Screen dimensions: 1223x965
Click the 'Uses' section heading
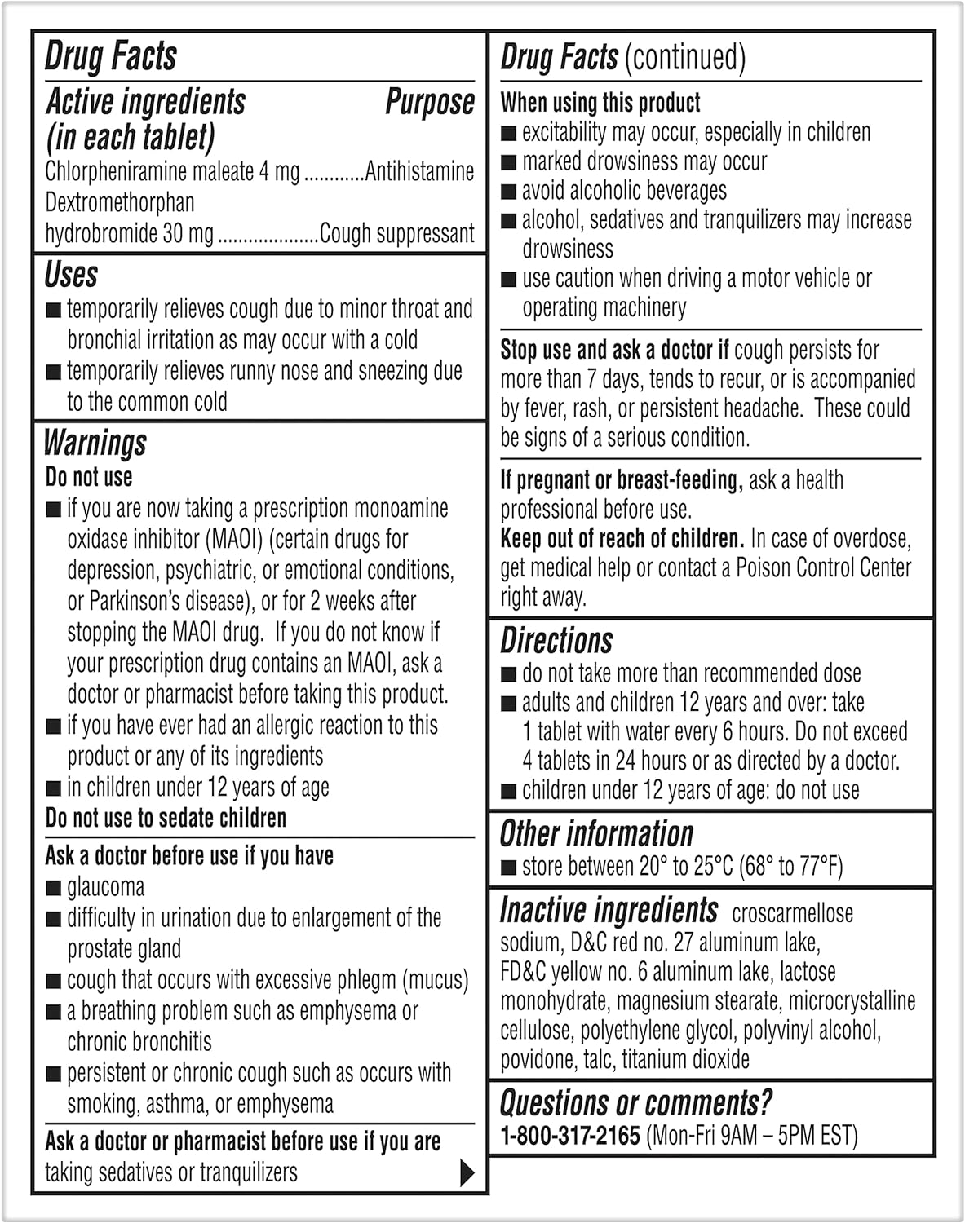click(72, 276)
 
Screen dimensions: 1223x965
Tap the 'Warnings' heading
click(95, 444)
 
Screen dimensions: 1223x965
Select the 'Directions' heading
click(556, 641)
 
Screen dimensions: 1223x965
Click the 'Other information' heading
click(596, 834)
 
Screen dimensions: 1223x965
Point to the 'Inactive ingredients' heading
click(609, 910)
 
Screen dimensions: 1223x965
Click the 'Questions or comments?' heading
click(635, 1103)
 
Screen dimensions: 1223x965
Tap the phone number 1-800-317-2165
click(569, 1135)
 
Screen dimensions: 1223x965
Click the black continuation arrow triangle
click(467, 1172)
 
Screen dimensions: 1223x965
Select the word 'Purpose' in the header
click(429, 103)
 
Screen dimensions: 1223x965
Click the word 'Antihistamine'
click(419, 171)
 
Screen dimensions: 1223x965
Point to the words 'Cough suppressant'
click(396, 234)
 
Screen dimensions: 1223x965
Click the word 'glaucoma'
click(106, 887)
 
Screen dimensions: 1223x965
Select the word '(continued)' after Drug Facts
click(684, 57)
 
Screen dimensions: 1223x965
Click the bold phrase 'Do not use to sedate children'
click(166, 818)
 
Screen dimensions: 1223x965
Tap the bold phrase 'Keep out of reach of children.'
click(622, 539)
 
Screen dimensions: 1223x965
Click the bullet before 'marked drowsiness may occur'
click(508, 162)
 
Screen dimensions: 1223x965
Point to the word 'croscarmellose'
click(792, 913)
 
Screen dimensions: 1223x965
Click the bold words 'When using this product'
click(600, 103)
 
